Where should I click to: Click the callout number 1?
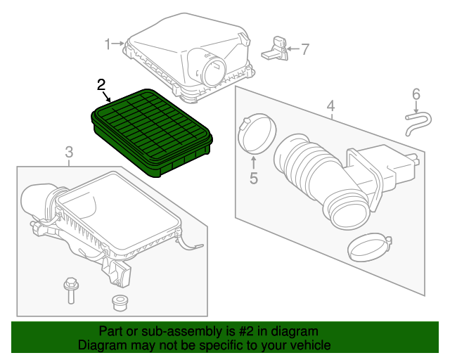coord(108,44)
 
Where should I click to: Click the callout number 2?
coord(101,85)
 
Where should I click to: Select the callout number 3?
coord(69,152)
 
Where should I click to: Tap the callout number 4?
coord(330,107)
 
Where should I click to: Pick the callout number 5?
coord(253,178)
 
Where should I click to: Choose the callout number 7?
coord(304,49)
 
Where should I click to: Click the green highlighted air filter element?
coord(151,130)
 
